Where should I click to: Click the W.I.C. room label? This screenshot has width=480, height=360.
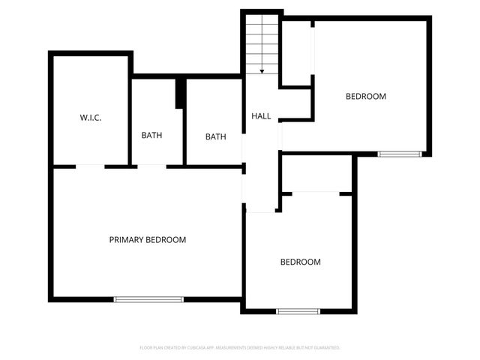pyautogui.click(x=91, y=118)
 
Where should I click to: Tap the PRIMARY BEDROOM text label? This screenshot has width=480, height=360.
pyautogui.click(x=148, y=240)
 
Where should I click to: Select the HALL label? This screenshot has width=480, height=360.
pyautogui.click(x=261, y=116)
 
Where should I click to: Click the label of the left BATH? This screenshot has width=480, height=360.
pyautogui.click(x=152, y=136)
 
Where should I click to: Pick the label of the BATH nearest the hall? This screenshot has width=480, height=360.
pyautogui.click(x=216, y=136)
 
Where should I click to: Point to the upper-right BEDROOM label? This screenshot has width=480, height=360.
pyautogui.click(x=366, y=96)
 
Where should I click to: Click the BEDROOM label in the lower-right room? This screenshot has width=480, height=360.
pyautogui.click(x=301, y=262)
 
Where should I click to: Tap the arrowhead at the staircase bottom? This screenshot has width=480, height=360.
pyautogui.click(x=262, y=72)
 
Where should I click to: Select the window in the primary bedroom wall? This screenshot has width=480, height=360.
pyautogui.click(x=148, y=299)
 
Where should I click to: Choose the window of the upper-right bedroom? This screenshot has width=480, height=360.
pyautogui.click(x=399, y=154)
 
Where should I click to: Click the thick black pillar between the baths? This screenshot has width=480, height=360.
pyautogui.click(x=180, y=93)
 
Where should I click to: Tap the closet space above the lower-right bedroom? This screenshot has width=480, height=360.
pyautogui.click(x=316, y=174)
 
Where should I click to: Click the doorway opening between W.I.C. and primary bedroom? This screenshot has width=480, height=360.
pyautogui.click(x=90, y=166)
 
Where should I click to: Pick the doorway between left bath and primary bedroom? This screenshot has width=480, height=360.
pyautogui.click(x=151, y=166)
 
